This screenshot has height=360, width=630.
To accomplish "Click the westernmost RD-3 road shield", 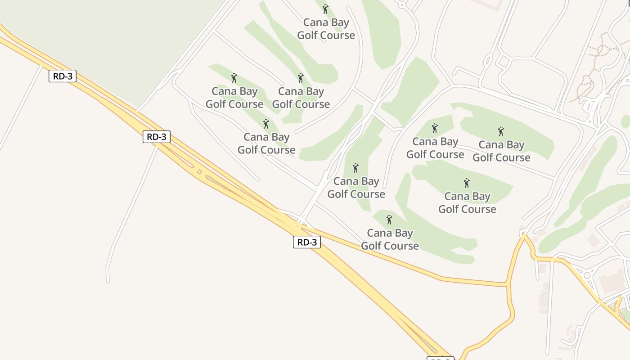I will tap(63, 76).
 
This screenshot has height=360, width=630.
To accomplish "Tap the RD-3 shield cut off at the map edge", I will tap(440, 359).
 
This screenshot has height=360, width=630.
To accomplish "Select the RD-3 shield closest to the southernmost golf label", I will tap(307, 242).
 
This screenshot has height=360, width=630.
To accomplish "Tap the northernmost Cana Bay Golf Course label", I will tap(326, 29).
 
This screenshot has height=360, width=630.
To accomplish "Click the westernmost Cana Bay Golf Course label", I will tap(234, 98).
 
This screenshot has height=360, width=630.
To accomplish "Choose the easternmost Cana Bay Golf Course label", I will tap(501, 151).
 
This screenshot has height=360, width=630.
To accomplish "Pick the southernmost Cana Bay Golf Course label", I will tap(390, 239).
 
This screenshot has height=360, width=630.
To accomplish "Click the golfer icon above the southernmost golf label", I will tap(389, 220).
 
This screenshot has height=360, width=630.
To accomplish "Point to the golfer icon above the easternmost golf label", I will tap(501, 131).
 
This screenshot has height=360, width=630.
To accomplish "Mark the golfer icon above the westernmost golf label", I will tap(234, 78).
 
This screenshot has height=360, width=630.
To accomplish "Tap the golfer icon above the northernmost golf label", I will tap(325, 9).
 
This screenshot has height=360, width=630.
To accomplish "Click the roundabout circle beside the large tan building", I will tap(586, 275).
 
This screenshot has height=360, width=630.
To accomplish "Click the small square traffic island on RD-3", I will tap(198, 171).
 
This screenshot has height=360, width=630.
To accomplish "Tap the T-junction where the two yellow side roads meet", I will tap(508, 284).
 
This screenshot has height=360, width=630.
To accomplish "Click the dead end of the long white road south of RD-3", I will tap(108, 281).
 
